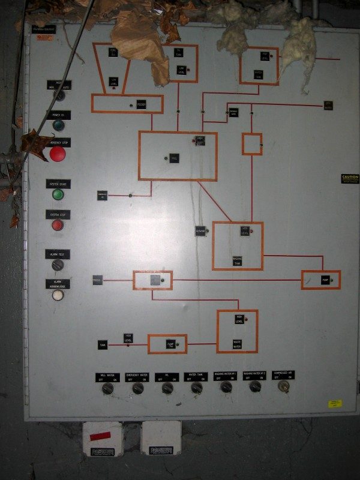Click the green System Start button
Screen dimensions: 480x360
tap(58, 194)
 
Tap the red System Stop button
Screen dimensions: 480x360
tap(58, 225)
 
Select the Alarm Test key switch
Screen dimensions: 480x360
tap(58, 265)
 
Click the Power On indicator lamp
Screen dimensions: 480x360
tap(58, 125)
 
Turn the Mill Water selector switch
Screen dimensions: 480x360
tap(108, 389)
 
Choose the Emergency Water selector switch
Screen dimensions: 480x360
tap(137, 389)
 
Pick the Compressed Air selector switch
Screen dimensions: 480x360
tap(283, 386)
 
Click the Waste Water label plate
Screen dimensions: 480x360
tap(237, 344)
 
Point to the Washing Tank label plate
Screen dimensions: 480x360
tap(238, 260)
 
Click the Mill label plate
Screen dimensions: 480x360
tap(174, 158)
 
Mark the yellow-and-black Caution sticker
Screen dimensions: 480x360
tap(349, 178)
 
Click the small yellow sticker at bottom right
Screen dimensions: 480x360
tap(334, 404)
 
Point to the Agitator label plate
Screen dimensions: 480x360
tap(200, 230)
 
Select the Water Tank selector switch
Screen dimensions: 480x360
tap(196, 389)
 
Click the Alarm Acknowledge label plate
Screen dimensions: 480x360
tap(58, 284)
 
